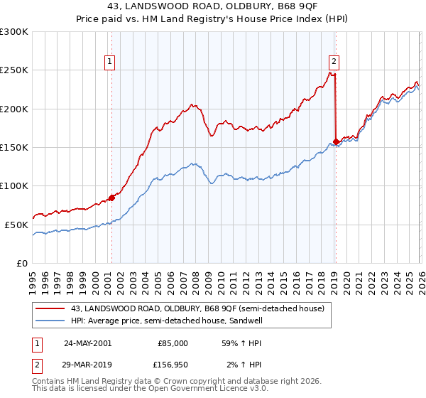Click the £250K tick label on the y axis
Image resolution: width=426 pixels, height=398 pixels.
pyautogui.click(x=14, y=70)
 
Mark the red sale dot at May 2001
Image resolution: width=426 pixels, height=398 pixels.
pyautogui.click(x=111, y=198)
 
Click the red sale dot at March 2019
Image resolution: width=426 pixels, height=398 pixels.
pyautogui.click(x=335, y=141)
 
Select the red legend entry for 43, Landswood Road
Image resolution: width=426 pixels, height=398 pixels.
pyautogui.click(x=197, y=308)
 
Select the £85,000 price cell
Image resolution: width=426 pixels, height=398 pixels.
pyautogui.click(x=173, y=343)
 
